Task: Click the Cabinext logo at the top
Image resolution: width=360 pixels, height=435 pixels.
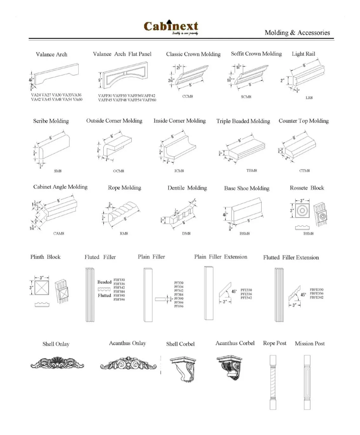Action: [x=171, y=27]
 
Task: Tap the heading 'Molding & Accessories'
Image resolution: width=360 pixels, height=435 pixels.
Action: [x=297, y=33]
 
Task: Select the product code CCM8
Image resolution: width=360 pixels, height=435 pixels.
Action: [x=187, y=96]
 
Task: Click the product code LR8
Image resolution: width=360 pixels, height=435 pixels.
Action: [x=309, y=98]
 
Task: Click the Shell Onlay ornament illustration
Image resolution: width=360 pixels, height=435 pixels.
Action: [x=57, y=363]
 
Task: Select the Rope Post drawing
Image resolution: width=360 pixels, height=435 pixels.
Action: [x=273, y=382]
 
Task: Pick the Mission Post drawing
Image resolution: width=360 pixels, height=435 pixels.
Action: [x=307, y=382]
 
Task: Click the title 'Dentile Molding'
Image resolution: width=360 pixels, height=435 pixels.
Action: [x=187, y=188]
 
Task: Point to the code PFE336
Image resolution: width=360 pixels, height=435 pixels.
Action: [x=246, y=294]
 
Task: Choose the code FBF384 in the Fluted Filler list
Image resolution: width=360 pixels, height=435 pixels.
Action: [x=119, y=292]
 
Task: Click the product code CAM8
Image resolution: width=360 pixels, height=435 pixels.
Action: [x=59, y=234]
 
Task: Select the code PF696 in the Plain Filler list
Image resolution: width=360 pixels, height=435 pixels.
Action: [x=179, y=306]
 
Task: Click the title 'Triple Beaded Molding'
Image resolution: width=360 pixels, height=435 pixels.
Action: [x=243, y=121]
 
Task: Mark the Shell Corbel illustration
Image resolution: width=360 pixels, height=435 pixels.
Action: [x=183, y=369]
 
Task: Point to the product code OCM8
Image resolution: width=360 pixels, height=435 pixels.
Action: [x=119, y=171]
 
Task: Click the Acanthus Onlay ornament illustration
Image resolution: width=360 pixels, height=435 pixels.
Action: [x=128, y=364]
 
